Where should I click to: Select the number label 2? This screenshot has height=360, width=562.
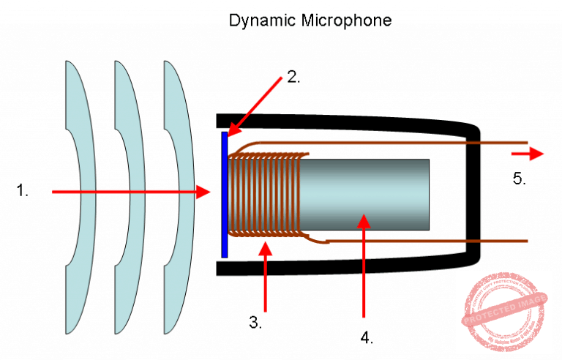click(x=293, y=77)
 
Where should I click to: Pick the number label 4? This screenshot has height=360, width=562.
click(x=367, y=337)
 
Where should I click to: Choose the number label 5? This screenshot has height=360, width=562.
click(x=520, y=178)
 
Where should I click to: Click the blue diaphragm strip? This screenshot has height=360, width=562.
click(x=225, y=194)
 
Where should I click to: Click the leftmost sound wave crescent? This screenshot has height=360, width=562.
click(x=81, y=198)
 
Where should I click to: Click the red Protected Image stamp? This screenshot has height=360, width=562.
click(x=503, y=312)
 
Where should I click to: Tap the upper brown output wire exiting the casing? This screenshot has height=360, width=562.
click(x=505, y=142)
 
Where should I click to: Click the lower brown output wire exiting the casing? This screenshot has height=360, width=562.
click(x=505, y=241)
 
